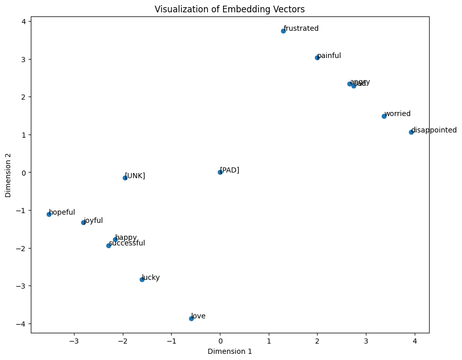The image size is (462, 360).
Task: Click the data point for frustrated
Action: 283,31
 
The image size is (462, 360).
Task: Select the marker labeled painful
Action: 317,58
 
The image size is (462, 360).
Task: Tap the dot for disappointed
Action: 411,132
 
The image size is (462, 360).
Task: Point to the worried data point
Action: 384,116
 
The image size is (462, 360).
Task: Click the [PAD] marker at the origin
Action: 220,172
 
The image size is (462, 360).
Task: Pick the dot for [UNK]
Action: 125,178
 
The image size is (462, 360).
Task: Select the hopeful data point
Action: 49,214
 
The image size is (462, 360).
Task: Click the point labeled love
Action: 191,318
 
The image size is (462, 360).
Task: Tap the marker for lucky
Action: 142,279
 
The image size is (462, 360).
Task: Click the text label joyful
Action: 94,221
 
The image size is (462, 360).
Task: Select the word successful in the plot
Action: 127,243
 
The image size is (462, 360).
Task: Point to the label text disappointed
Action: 434,130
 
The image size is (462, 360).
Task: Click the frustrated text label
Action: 301,29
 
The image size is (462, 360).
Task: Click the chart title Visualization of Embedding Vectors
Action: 230,9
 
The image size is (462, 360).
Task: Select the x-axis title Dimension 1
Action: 230,352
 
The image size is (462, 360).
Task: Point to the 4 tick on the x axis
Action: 415,340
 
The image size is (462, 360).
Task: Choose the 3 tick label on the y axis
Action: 23,59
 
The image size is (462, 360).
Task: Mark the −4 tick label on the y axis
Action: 21,324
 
